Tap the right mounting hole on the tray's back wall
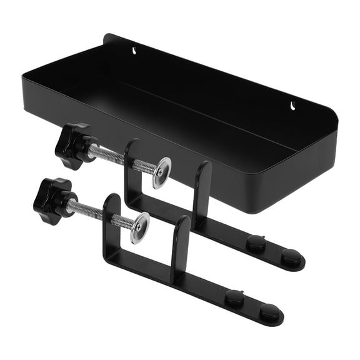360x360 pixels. [x=292, y=104]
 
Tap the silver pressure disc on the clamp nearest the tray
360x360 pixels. [x=162, y=172]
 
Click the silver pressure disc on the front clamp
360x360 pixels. [x=140, y=227]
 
